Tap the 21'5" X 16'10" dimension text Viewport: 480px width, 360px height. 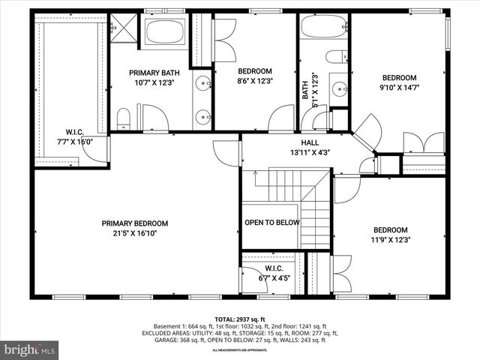[x=135, y=233]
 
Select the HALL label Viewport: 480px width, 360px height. [x=310, y=142]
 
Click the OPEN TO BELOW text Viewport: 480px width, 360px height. [x=272, y=223]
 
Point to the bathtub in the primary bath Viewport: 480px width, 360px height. [x=165, y=31]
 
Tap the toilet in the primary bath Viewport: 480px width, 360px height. [x=124, y=117]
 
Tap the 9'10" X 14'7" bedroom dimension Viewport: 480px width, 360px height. [x=399, y=88]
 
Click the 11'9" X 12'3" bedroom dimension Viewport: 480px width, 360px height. [x=390, y=240]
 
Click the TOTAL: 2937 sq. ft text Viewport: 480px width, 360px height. [x=240, y=319]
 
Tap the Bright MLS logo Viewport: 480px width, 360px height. [x=30, y=349]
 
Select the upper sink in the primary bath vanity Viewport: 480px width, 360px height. [x=202, y=83]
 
